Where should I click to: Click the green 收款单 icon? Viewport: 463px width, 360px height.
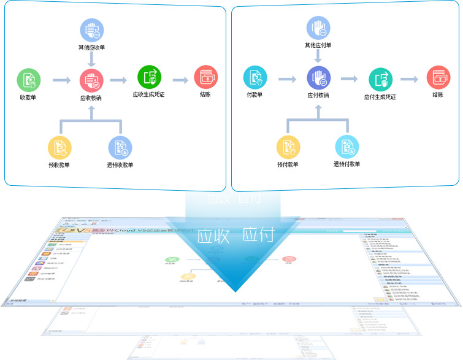(28, 80)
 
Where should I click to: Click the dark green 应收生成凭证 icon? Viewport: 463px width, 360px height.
(150, 78)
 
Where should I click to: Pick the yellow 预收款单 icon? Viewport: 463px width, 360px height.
(60, 147)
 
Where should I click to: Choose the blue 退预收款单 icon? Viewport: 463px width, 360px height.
(120, 147)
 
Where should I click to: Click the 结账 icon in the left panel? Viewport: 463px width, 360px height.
(206, 78)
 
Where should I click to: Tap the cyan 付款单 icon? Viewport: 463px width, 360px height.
(255, 78)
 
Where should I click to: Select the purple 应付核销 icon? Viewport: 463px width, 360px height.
(318, 79)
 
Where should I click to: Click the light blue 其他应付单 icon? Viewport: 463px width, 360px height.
(318, 28)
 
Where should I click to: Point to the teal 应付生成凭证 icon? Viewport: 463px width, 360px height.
(380, 79)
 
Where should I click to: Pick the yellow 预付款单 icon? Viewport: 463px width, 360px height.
(288, 147)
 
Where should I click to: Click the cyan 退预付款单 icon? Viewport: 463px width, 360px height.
(347, 147)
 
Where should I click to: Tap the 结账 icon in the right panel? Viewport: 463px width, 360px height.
(438, 78)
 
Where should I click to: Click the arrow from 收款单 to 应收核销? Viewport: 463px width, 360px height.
(62, 80)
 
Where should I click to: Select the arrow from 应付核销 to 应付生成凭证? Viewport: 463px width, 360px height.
(350, 79)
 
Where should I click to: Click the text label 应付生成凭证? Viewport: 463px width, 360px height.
(380, 97)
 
